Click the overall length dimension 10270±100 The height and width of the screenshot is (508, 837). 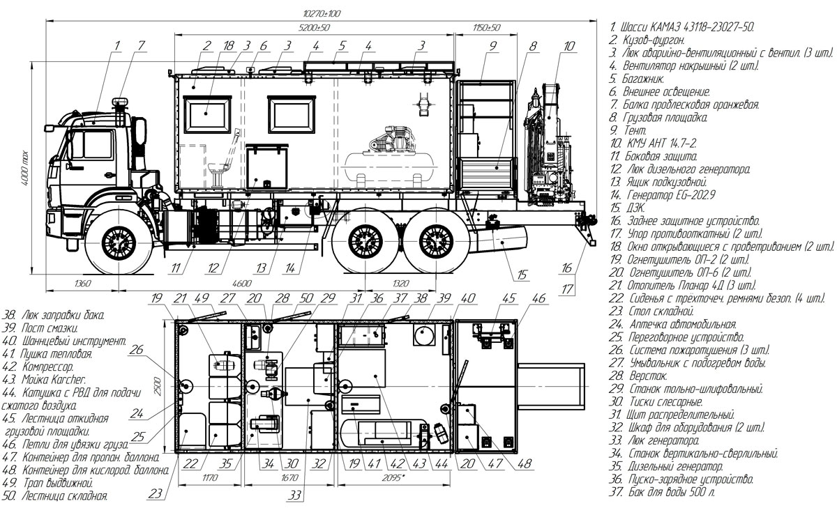[322, 14]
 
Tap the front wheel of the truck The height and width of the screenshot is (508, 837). [119, 243]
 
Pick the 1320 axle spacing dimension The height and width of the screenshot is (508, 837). [400, 284]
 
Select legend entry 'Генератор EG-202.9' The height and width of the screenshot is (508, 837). [662, 195]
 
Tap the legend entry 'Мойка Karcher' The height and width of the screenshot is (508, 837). [45, 380]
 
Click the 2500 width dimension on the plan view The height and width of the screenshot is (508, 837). [158, 386]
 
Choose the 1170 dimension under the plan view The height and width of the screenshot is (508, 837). [210, 478]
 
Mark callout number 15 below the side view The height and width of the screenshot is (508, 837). [522, 275]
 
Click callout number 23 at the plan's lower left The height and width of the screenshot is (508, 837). [155, 494]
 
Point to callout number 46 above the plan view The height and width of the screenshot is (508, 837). [538, 298]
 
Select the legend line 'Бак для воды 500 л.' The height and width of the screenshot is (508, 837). [662, 492]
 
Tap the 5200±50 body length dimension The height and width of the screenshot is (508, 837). [315, 28]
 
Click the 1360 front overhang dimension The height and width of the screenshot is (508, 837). [82, 284]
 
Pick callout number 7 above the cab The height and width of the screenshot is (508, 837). [141, 45]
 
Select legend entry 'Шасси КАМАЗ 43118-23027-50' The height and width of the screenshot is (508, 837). [681, 27]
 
